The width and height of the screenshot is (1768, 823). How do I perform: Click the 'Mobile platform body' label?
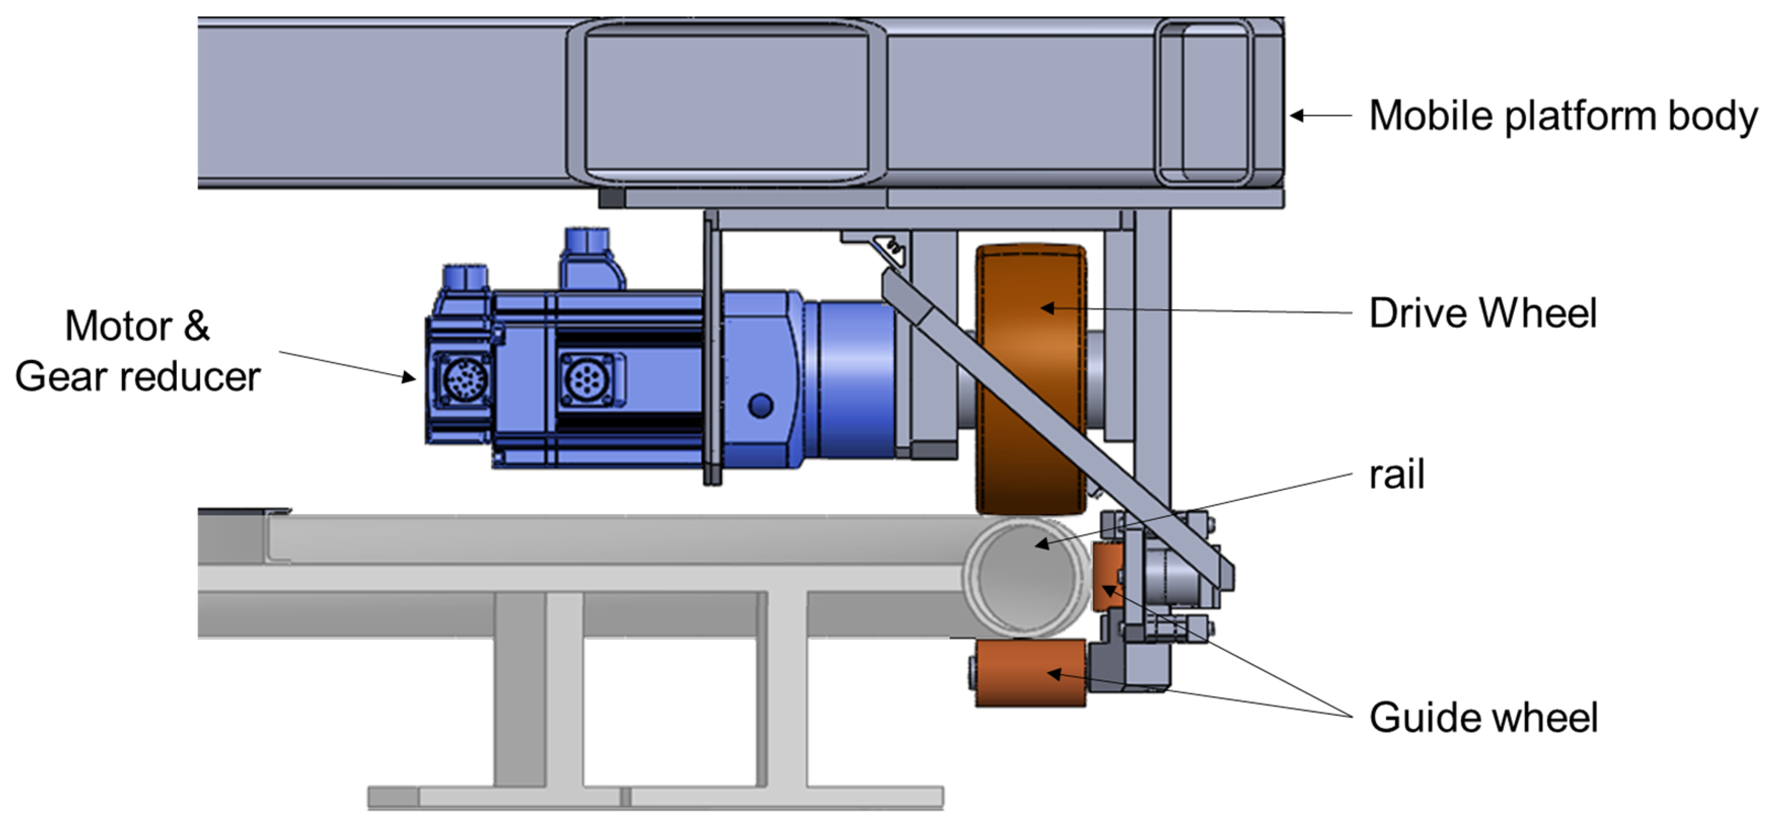point(1562,115)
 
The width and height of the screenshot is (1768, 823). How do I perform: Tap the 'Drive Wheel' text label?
point(1483,313)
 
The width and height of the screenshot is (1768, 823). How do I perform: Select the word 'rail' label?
point(1396,475)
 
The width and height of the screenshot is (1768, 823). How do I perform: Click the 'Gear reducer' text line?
point(137,376)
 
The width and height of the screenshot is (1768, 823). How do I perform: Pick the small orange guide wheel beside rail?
point(1106,576)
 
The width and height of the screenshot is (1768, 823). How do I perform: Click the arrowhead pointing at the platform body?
point(1296,115)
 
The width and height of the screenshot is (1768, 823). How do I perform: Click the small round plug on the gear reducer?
point(761,405)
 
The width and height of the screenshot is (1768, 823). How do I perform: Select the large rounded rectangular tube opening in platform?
point(726,101)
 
